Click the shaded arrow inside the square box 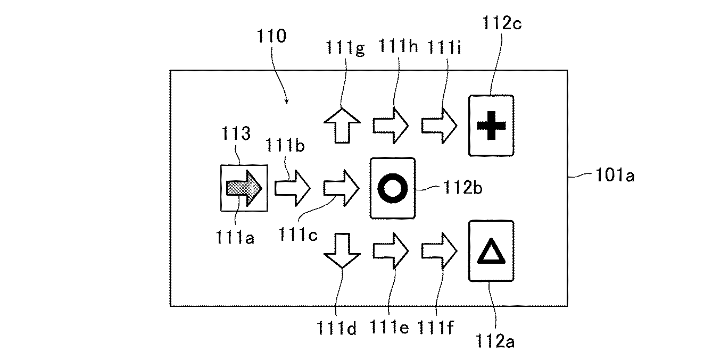(244, 188)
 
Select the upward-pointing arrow (342, 125)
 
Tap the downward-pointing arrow (342, 250)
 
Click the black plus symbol (491, 125)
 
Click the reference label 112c (502, 23)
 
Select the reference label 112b (462, 188)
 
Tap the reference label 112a (495, 341)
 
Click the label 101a (615, 175)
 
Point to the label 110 (271, 36)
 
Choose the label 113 (236, 133)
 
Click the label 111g (345, 48)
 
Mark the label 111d (336, 328)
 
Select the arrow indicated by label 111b (293, 188)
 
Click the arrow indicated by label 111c (341, 188)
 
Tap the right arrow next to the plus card (440, 125)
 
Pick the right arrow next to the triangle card (440, 250)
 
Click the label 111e (390, 327)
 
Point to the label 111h (399, 46)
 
